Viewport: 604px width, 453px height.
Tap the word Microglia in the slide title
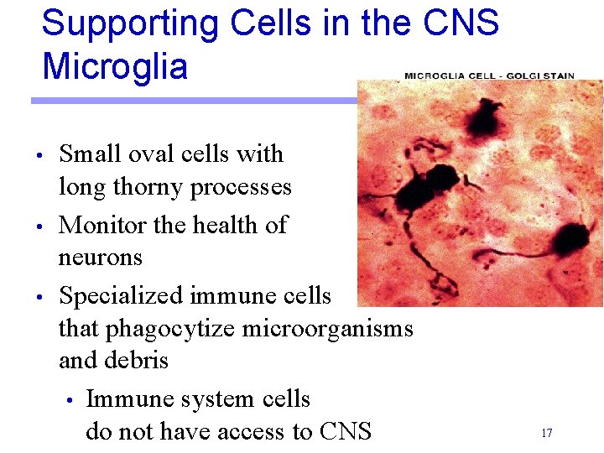click(115, 66)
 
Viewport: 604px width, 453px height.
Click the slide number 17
click(546, 433)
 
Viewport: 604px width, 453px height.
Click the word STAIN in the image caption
click(556, 75)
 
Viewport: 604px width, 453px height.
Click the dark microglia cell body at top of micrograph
click(486, 117)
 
